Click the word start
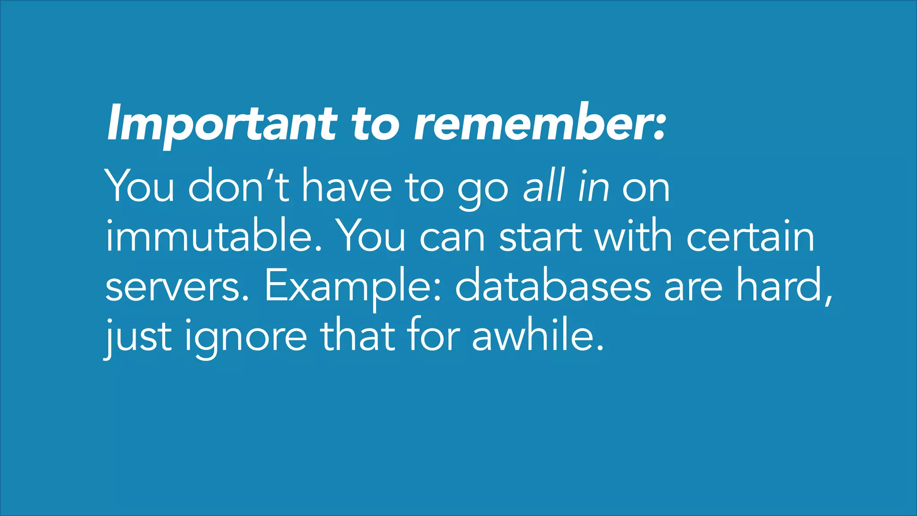tap(542, 237)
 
